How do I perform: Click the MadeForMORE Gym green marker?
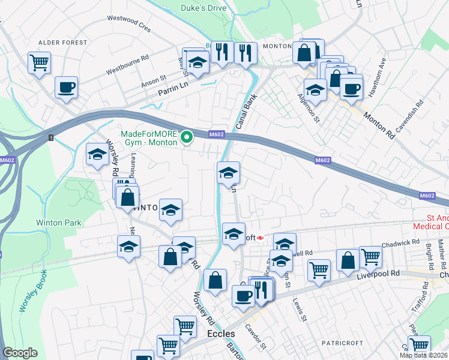(187, 138)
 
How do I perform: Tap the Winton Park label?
(58, 223)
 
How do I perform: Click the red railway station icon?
(261, 238)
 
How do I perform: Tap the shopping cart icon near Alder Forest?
(39, 62)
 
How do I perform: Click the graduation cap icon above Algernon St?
(315, 90)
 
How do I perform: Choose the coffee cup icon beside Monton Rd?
(351, 88)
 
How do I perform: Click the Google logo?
(20, 353)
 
